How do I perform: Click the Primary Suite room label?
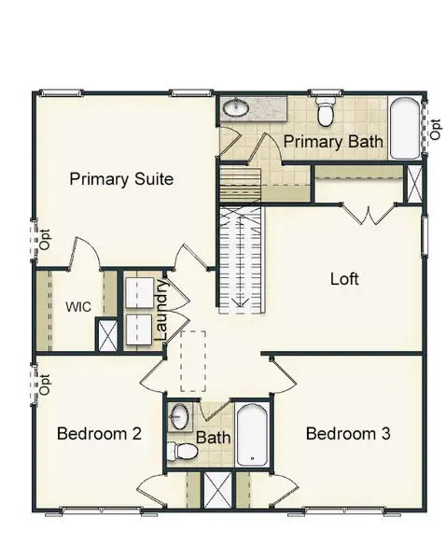click(x=121, y=179)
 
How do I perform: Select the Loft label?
click(x=344, y=278)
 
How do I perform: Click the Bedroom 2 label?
click(x=99, y=433)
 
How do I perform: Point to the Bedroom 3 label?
click(x=348, y=433)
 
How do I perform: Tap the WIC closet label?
click(x=77, y=305)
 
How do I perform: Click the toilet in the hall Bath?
click(x=185, y=453)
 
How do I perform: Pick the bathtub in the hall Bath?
click(x=251, y=434)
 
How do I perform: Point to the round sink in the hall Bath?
click(x=180, y=416)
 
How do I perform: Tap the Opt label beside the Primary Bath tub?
click(x=435, y=129)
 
